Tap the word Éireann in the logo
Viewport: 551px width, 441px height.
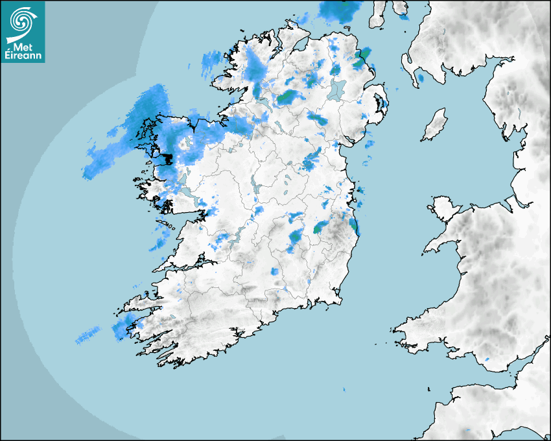23,55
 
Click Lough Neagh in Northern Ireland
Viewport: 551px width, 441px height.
337,89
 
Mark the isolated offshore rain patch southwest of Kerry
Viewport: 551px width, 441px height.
88,335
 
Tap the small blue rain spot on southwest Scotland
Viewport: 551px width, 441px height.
420,78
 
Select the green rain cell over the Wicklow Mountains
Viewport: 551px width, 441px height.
320,227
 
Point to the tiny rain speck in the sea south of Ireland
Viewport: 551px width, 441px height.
344,390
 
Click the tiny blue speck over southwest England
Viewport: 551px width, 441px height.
487,359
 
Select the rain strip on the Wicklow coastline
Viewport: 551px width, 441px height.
353,225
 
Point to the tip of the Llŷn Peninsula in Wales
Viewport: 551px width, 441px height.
427,250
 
